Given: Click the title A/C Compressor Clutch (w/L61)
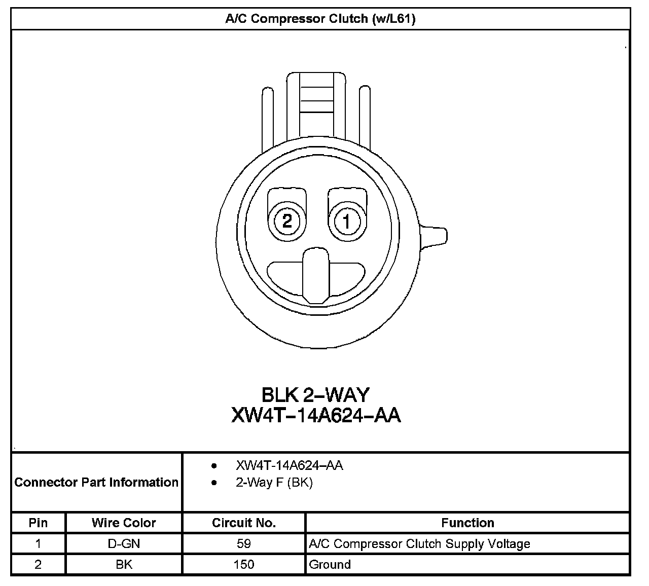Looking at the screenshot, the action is [320, 19].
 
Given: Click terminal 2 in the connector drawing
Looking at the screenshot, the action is [287, 222].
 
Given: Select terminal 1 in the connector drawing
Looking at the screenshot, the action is [347, 222].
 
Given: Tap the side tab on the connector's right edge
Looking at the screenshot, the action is [433, 237].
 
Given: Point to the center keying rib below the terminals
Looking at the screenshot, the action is [316, 276].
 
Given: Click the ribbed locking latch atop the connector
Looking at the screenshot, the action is [316, 105].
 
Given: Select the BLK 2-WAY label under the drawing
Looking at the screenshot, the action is [315, 395].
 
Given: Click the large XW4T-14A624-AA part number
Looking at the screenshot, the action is [316, 415].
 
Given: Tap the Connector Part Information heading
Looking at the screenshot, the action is [96, 482].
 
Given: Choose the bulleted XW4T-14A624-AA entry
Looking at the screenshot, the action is [289, 465].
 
